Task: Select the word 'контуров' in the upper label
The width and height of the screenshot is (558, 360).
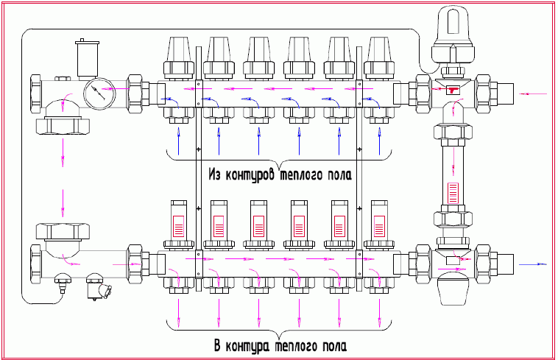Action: (252, 176)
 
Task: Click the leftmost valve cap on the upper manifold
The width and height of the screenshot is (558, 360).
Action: (178, 57)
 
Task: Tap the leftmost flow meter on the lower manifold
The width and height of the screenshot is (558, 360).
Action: (178, 219)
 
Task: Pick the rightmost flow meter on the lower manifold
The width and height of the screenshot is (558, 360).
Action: (379, 219)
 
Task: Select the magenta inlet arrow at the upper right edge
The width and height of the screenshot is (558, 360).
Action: (534, 94)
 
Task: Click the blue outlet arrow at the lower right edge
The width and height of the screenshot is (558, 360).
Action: (534, 263)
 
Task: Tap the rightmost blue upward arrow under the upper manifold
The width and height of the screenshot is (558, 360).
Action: (379, 140)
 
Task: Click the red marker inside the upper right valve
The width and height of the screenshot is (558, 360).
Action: (451, 90)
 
